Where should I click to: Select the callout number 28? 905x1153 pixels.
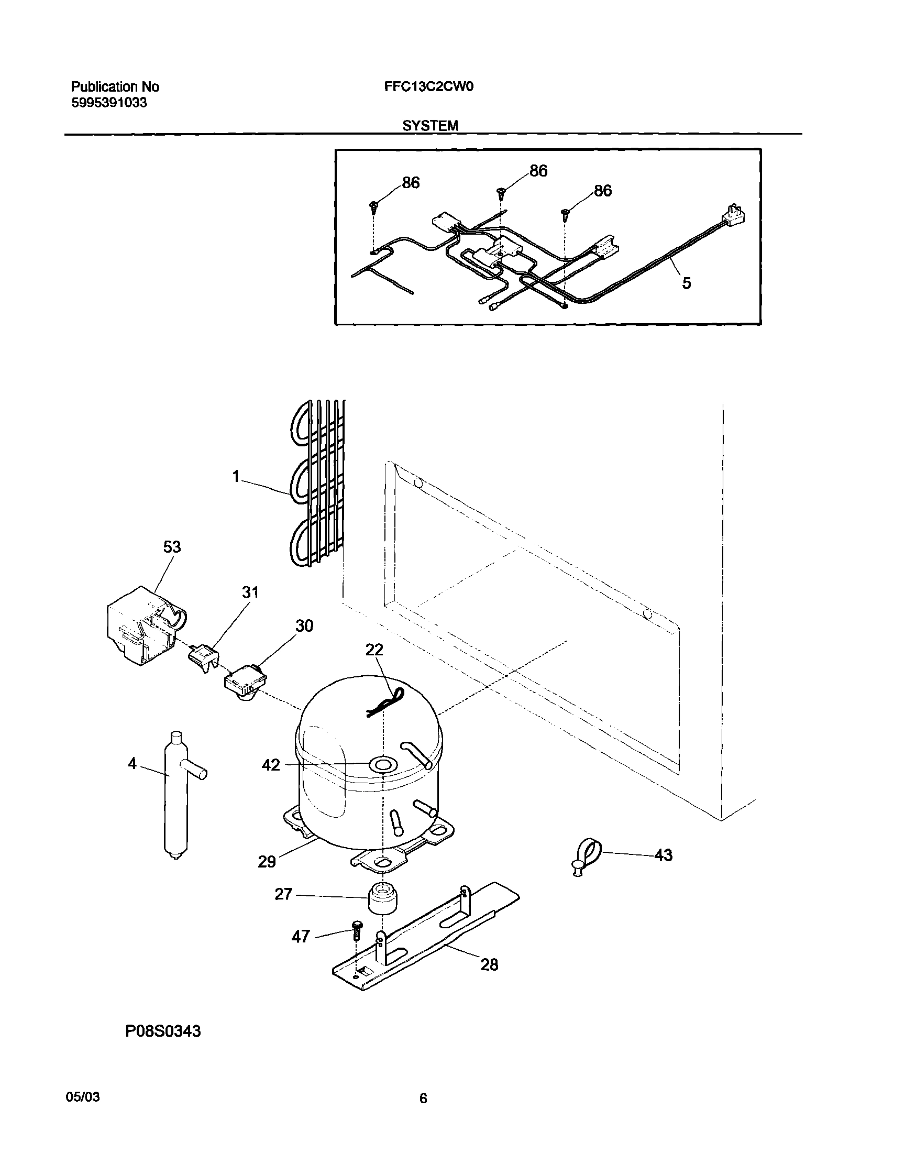click(489, 964)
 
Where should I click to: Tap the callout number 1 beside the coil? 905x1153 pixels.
click(236, 477)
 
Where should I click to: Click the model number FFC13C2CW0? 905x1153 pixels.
click(428, 86)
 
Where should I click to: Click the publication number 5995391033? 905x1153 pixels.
click(109, 103)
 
